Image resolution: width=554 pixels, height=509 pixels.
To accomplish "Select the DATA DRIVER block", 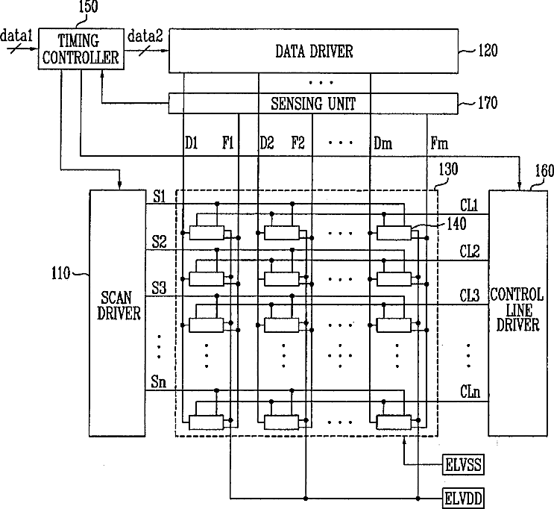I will click(314, 51).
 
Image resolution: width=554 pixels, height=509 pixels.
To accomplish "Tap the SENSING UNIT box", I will click(314, 104).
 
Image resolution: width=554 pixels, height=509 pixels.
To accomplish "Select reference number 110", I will click(64, 274).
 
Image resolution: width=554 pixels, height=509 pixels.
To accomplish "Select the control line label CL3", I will click(469, 295).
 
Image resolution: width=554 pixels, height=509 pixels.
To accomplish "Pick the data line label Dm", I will click(383, 142).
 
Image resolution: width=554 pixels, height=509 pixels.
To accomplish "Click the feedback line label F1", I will click(228, 142).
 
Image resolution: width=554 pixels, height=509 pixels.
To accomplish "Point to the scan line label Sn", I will click(159, 383).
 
